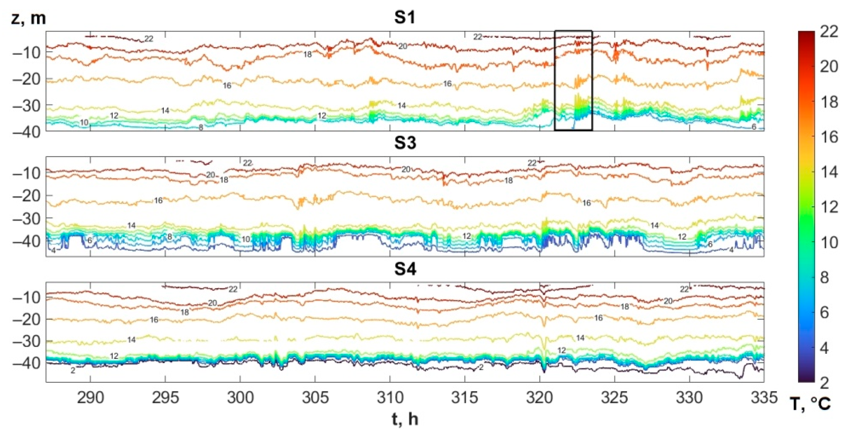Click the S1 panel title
[405, 17]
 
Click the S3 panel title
[405, 143]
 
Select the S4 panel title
[405, 269]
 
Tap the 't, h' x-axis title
[405, 419]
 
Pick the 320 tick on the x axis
[540, 397]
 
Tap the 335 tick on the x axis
[764, 397]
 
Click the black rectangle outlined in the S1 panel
[573, 81]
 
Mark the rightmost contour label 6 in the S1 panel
[754, 127]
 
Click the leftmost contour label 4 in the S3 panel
[53, 251]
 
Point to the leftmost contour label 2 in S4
[73, 371]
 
